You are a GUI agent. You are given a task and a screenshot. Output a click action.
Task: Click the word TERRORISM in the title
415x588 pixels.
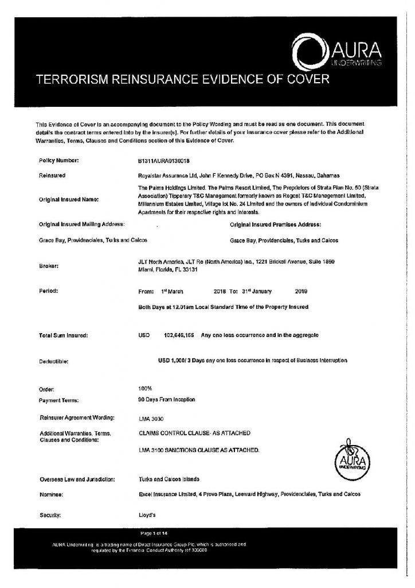point(72,79)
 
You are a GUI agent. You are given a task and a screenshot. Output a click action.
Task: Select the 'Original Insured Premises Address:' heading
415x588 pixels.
point(275,224)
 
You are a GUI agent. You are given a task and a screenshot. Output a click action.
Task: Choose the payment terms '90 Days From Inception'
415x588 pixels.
point(167,399)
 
